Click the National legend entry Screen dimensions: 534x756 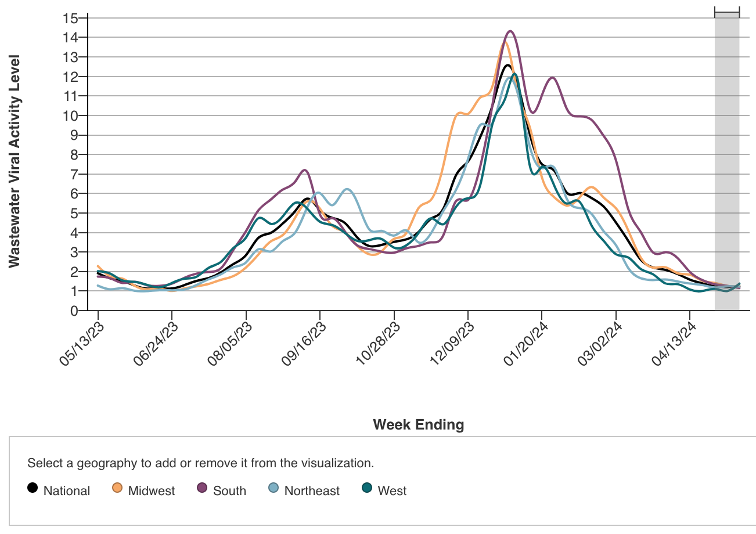click(x=59, y=490)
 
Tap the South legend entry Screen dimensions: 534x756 click(x=222, y=490)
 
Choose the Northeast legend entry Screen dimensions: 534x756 click(x=304, y=490)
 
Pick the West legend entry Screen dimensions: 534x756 click(x=384, y=490)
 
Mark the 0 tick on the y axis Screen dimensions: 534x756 click(x=74, y=311)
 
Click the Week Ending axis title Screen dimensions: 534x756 click(x=418, y=425)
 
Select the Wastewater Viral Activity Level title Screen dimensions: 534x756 click(x=15, y=161)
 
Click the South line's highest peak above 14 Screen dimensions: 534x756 click(x=510, y=31)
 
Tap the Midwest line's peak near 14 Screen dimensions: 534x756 click(x=506, y=42)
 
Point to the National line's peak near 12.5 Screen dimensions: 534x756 click(x=508, y=65)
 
